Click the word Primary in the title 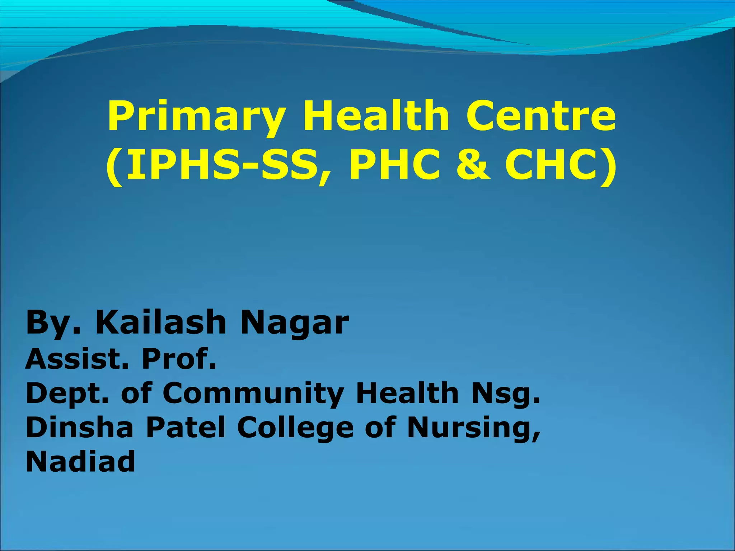pos(196,117)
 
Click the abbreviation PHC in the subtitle pos(395,165)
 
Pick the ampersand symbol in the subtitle pos(473,165)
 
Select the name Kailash pos(160,322)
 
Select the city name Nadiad pos(80,461)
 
